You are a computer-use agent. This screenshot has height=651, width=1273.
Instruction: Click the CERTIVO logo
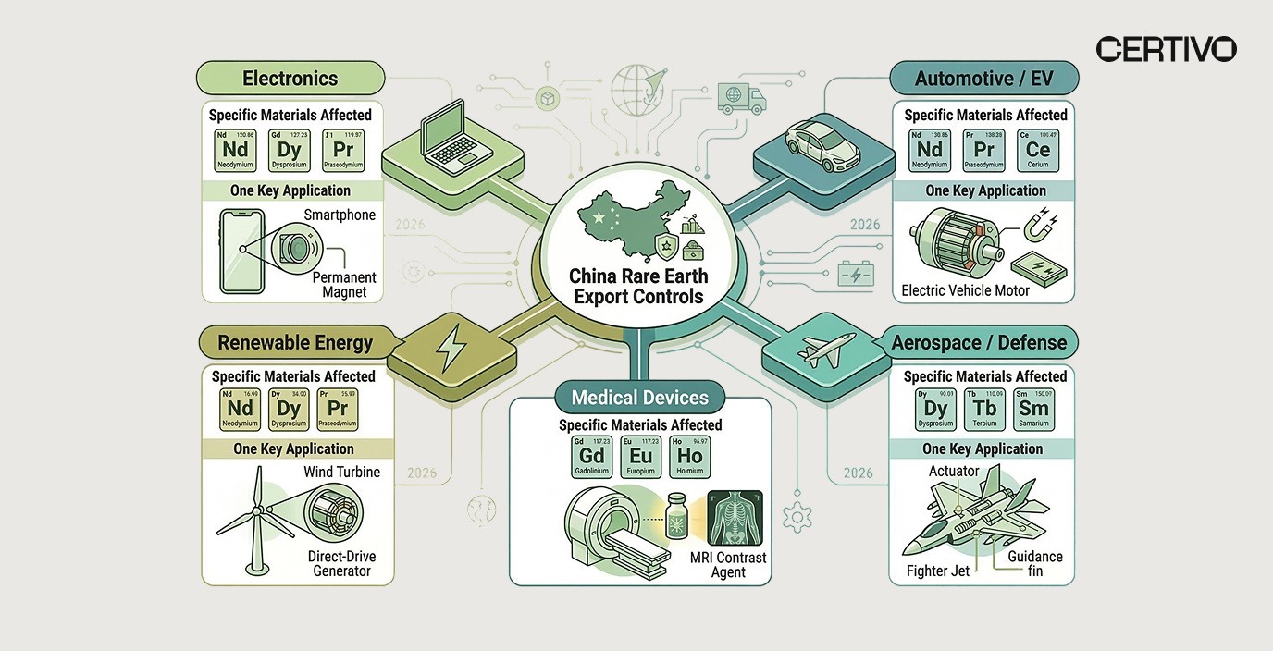(1166, 49)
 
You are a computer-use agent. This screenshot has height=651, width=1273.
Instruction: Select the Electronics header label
(290, 79)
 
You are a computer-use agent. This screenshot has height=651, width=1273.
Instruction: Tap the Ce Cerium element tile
(1037, 150)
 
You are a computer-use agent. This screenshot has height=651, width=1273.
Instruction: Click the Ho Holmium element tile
(689, 456)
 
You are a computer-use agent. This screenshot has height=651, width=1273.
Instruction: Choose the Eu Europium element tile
(640, 456)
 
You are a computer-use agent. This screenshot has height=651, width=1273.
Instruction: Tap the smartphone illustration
(242, 250)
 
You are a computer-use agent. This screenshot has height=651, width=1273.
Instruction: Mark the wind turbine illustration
(253, 518)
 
